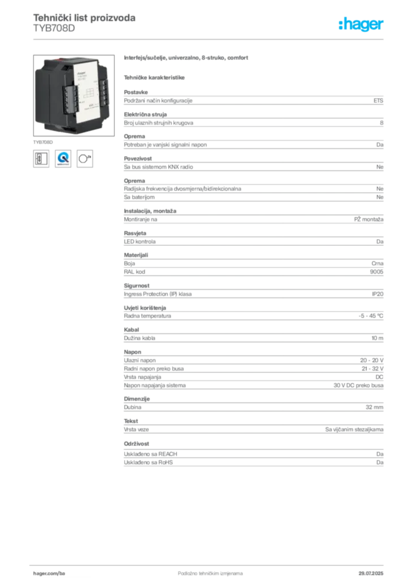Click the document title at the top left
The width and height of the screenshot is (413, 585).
(84, 18)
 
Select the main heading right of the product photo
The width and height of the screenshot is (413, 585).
(187, 58)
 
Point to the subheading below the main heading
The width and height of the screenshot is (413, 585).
(156, 77)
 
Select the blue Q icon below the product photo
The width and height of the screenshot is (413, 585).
(63, 158)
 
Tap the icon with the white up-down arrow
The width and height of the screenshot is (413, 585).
(39, 158)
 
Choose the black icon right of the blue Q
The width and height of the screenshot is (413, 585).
(86, 158)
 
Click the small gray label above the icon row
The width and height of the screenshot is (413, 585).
(42, 141)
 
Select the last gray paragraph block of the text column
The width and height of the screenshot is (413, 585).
(253, 459)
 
